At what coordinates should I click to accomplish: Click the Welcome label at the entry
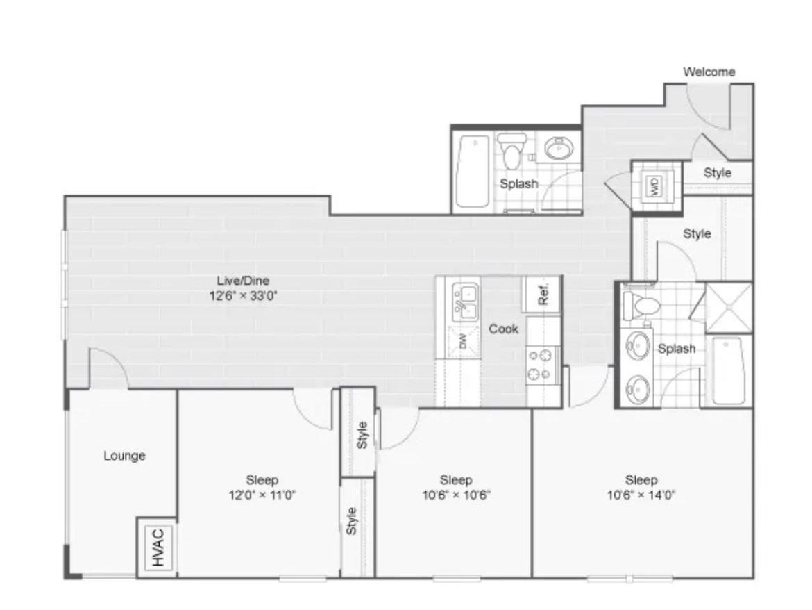click(709, 72)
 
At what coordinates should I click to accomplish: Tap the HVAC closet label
click(158, 547)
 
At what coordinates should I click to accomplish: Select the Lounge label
click(124, 456)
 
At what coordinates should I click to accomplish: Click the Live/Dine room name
click(243, 281)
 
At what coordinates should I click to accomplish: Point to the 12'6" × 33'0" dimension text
click(244, 296)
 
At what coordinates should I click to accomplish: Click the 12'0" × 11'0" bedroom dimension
click(262, 495)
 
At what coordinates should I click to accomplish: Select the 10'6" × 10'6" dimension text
click(456, 495)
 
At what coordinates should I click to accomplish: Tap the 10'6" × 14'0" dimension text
click(641, 495)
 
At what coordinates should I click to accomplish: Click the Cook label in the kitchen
click(503, 329)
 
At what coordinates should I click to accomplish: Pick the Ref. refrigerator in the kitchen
click(541, 295)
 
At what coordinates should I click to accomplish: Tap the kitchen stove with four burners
click(542, 365)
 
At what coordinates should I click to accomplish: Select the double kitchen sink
click(466, 303)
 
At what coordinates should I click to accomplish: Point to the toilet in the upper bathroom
click(511, 150)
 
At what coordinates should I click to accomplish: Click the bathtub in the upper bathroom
click(473, 172)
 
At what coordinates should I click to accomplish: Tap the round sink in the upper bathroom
click(559, 149)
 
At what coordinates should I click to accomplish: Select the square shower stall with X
click(728, 307)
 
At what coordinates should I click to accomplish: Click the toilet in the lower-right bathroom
click(641, 306)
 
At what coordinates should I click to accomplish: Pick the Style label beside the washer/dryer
click(718, 172)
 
